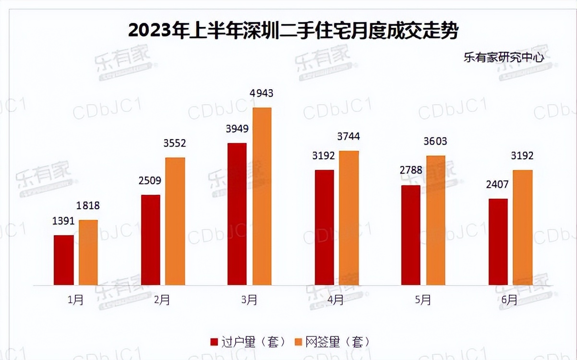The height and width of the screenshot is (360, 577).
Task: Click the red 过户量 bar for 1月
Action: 64,260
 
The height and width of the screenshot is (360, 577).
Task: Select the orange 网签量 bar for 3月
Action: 262,196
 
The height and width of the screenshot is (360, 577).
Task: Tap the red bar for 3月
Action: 237,214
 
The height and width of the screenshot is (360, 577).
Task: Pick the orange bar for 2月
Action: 175,221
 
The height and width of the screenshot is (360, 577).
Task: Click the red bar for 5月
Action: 411,235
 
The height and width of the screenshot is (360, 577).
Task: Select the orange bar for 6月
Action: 523,228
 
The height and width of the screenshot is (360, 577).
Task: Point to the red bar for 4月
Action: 324,228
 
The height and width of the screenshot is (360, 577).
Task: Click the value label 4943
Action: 262,94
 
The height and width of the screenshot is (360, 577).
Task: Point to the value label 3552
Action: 175,144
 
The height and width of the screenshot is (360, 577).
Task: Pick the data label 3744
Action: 349,137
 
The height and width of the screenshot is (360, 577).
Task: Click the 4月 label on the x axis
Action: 336,300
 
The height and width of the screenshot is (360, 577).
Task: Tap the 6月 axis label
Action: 510,300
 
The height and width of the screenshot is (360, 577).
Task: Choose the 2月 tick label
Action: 162,300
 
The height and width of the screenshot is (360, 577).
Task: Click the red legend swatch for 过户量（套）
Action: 215,342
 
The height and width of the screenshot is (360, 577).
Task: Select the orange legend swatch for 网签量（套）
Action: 298,342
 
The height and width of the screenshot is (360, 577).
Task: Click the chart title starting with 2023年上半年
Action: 293,31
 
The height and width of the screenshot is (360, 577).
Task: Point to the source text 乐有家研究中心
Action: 504,58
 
